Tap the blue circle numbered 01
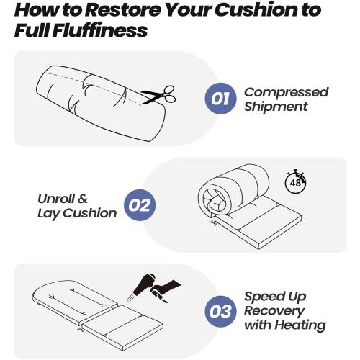coord(220,99)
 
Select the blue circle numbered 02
coord(140,205)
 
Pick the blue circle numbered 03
coord(220,311)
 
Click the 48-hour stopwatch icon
coord(295,181)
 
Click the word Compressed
coord(287,93)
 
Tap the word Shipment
coord(276,107)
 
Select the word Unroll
coord(56,199)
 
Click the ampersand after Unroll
coord(83,199)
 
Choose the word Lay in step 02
coord(48,213)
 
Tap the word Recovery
coord(274,311)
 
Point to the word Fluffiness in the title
coord(100,30)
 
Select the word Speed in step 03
coord(264,297)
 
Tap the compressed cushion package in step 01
coord(102,103)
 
